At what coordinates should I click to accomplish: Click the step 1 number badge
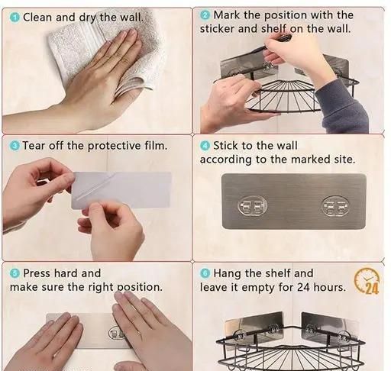[x=15, y=18]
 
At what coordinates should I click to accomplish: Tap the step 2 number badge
[x=205, y=15]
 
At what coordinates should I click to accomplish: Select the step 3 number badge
[x=15, y=146]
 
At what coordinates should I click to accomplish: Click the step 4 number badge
[x=205, y=146]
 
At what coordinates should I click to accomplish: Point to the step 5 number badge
[x=15, y=273]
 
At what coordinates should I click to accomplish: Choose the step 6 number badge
[x=205, y=273]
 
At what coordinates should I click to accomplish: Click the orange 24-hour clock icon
[x=367, y=280]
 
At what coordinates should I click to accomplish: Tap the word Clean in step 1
[x=37, y=18]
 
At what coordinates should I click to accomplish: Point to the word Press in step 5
[x=37, y=273]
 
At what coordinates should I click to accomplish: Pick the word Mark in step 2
[x=227, y=15]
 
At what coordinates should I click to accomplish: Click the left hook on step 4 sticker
[x=252, y=205]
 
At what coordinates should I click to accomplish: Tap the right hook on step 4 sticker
[x=334, y=206]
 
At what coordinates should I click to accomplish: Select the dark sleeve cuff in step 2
[x=342, y=107]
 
